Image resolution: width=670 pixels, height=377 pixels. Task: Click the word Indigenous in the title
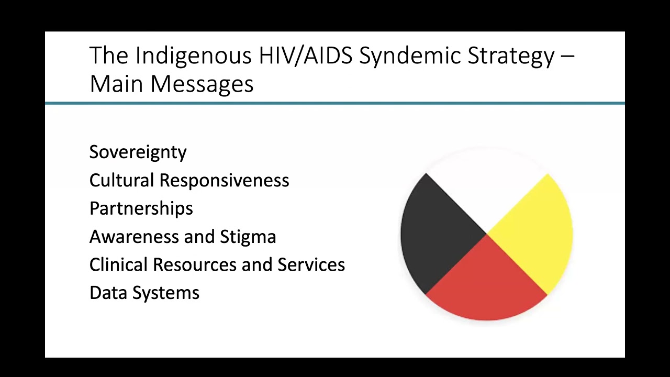click(194, 56)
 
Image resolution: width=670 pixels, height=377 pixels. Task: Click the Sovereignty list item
click(138, 152)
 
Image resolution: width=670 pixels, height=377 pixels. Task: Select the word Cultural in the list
click(122, 180)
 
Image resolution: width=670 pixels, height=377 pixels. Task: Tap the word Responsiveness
click(224, 180)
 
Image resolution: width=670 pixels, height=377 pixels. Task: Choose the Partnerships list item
click(141, 208)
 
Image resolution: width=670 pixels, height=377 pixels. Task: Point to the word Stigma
click(248, 237)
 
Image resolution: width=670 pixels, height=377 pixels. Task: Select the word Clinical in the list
click(118, 265)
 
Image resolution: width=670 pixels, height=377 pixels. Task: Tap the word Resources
click(195, 265)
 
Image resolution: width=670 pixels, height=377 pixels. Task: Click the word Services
click(311, 265)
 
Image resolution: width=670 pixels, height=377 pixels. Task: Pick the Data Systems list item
click(144, 293)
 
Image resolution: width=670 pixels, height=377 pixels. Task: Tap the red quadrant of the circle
click(487, 285)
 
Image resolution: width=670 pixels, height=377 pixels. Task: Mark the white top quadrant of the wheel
click(487, 181)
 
